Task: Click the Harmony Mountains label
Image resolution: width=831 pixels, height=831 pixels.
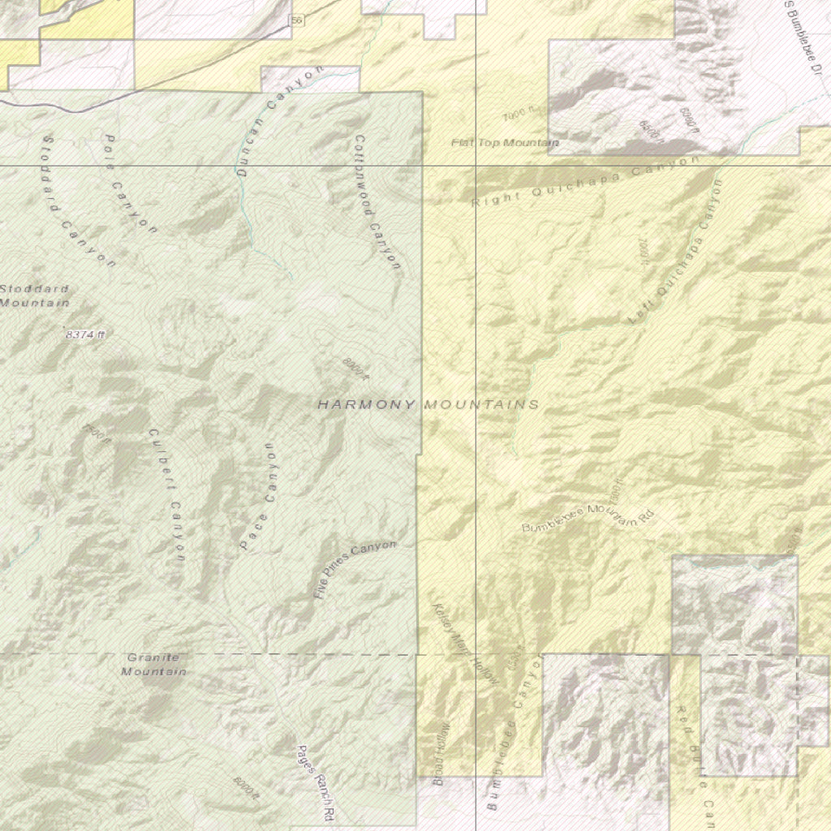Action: click(428, 404)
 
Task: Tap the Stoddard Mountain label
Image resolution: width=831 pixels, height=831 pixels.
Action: click(34, 296)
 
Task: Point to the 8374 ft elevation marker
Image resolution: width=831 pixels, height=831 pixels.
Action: click(85, 334)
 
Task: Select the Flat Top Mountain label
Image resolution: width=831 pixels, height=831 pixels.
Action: click(505, 143)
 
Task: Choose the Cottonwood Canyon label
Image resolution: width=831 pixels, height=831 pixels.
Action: click(377, 203)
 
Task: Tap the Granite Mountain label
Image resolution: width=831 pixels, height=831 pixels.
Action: click(153, 665)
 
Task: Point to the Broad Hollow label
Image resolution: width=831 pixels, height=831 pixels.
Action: click(441, 755)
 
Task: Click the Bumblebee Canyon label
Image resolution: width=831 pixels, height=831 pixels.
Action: click(513, 734)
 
